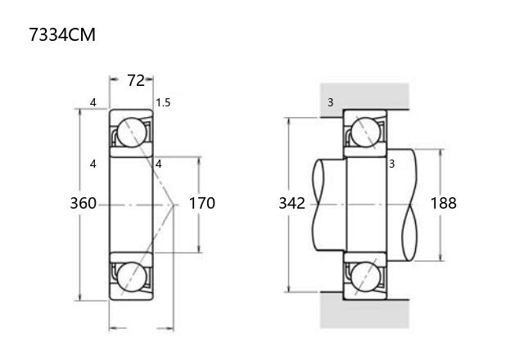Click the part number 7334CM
[x=62, y=34]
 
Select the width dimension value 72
[x=136, y=80]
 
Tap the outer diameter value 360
[x=84, y=203]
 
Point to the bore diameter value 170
[x=202, y=203]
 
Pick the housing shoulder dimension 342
[x=291, y=203]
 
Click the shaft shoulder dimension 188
[x=443, y=203]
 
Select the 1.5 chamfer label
[x=163, y=102]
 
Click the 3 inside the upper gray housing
[x=331, y=102]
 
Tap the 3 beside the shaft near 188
[x=392, y=164]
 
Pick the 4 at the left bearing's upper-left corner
[x=93, y=102]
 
